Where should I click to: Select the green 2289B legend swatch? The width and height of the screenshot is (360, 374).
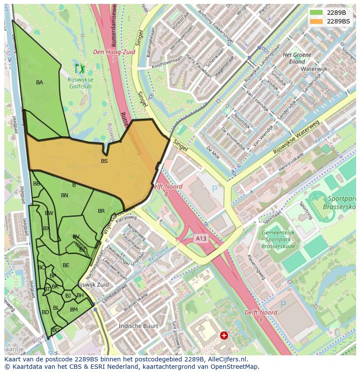click(316, 13)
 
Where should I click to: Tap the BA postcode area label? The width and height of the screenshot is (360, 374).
click(40, 83)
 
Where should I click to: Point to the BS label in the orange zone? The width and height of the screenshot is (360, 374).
click(104, 161)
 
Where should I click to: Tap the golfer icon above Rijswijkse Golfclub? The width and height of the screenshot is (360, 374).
click(80, 68)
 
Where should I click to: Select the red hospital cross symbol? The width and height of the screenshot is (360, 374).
click(223, 335)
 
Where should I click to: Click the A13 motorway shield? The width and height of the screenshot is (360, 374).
click(200, 238)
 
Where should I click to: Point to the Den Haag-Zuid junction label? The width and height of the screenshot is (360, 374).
click(114, 55)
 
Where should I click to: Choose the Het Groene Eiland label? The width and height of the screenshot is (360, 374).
click(297, 58)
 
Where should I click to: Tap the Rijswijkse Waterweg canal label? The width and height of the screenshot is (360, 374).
click(296, 138)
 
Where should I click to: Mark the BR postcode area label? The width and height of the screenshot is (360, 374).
click(101, 211)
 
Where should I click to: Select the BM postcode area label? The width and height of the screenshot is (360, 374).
click(74, 310)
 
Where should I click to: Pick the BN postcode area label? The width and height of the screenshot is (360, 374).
click(64, 195)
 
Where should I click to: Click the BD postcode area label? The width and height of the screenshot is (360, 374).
click(45, 312)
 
